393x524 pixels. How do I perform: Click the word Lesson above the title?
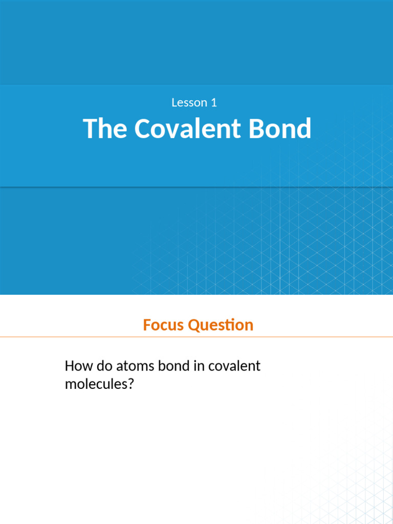coord(189,103)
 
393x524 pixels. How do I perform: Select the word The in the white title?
coord(105,128)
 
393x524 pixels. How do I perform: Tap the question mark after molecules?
coord(130,384)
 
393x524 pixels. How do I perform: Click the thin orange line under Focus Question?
coord(196,337)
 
